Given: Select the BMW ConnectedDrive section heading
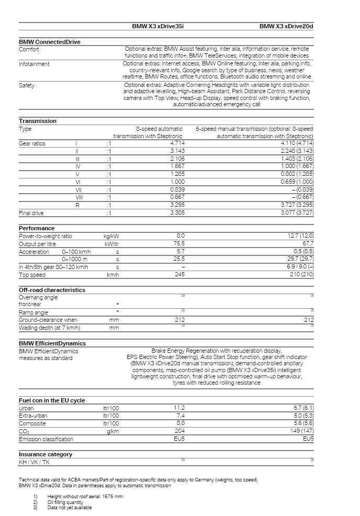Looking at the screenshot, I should [x=50, y=42].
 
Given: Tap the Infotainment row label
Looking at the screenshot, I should [x=34, y=64].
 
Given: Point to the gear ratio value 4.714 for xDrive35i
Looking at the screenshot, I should [x=177, y=143].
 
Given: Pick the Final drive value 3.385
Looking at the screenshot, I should [x=177, y=214].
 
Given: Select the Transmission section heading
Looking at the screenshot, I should [x=38, y=121].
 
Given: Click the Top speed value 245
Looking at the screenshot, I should [x=179, y=274].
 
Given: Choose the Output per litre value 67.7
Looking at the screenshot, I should [x=308, y=244].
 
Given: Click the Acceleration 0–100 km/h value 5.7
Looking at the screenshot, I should [x=181, y=252].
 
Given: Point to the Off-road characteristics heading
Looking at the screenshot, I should [x=52, y=290].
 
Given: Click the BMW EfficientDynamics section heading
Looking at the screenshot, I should [x=52, y=343].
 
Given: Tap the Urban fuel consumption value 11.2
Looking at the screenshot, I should [x=179, y=408].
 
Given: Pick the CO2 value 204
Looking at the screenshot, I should [x=179, y=431].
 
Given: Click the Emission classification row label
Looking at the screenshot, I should [x=46, y=439].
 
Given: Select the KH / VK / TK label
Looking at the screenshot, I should [x=35, y=462].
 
